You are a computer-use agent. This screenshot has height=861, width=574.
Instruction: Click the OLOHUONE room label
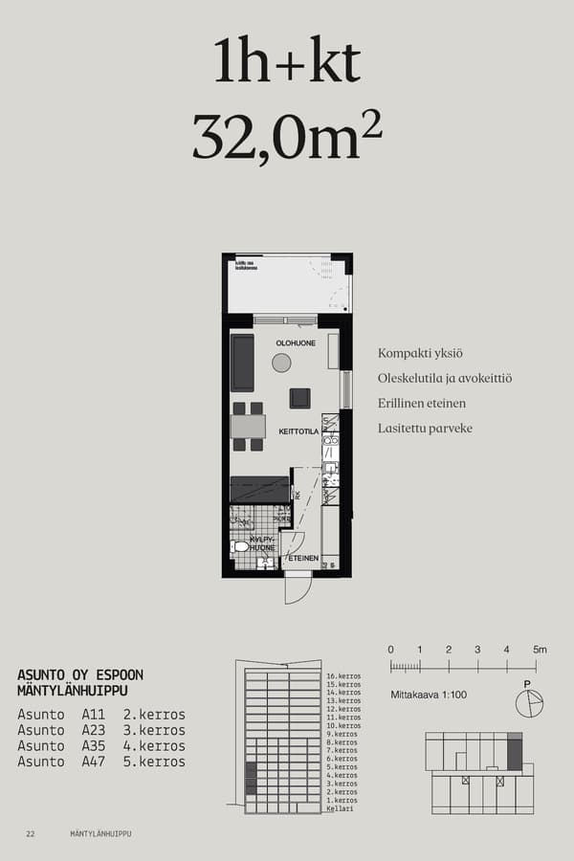pos(296,342)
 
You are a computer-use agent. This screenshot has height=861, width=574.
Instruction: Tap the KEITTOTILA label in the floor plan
pos(298,432)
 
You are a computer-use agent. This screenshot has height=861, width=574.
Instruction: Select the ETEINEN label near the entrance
pos(303,557)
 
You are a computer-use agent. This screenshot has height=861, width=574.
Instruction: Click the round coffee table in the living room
pos(281,363)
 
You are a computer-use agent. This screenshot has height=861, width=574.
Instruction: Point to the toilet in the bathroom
pos(239,546)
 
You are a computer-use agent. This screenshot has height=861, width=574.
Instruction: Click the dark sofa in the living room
pos(243,363)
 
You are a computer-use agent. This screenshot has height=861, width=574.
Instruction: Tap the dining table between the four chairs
pos(248,427)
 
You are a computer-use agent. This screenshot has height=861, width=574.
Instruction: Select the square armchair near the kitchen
pos(299,398)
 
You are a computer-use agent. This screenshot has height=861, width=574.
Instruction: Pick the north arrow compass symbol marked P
pos(528,703)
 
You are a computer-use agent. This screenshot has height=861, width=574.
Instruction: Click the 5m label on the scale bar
pos(540,650)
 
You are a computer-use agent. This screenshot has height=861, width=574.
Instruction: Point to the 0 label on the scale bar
pos(390,650)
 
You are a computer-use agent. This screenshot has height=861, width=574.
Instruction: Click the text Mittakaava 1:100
pos(429,695)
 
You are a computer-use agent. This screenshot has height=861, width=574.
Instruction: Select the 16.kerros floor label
pos(342,676)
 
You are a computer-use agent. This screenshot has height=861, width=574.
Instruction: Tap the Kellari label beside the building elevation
pos(340,809)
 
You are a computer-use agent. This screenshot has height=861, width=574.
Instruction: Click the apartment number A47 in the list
pos(93,762)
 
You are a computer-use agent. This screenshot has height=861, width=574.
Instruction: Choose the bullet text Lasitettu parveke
pos(425,429)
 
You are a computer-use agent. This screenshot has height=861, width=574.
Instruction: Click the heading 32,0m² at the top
pos(287,137)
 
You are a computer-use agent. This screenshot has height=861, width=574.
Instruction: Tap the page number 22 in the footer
pos(31,834)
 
